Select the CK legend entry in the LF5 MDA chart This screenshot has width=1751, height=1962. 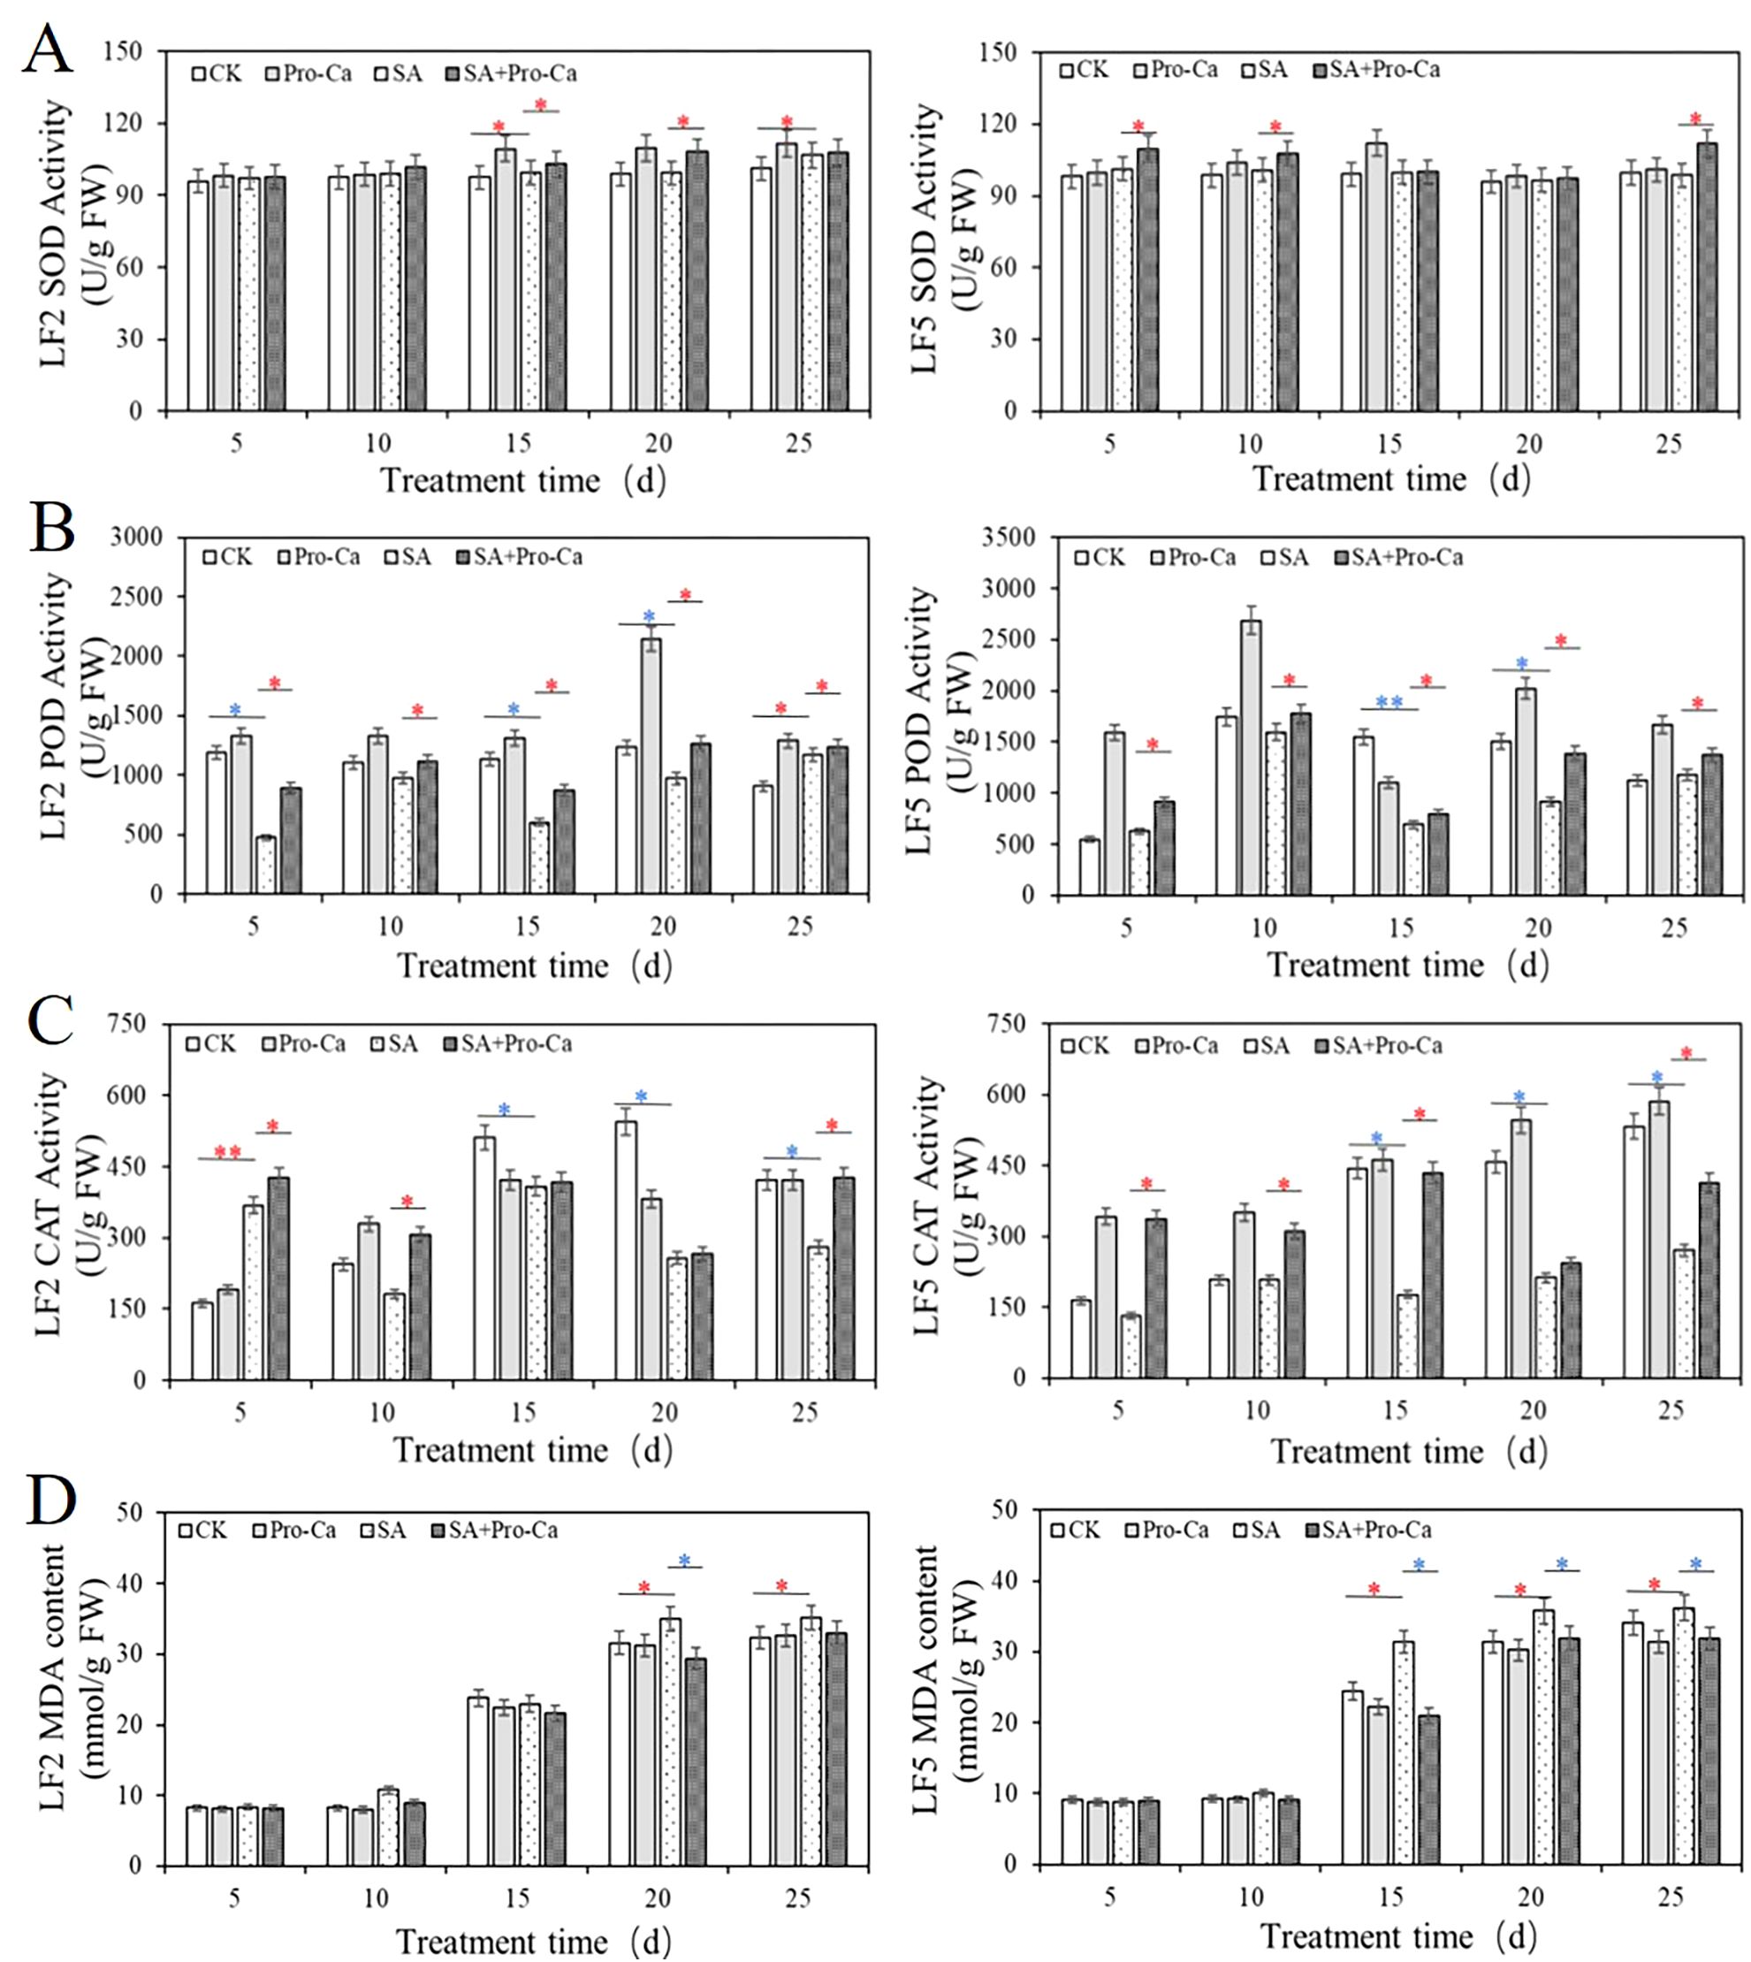pos(1075,1529)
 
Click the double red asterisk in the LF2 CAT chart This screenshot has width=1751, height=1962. pos(228,1151)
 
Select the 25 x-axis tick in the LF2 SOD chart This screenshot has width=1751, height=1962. pos(798,444)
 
